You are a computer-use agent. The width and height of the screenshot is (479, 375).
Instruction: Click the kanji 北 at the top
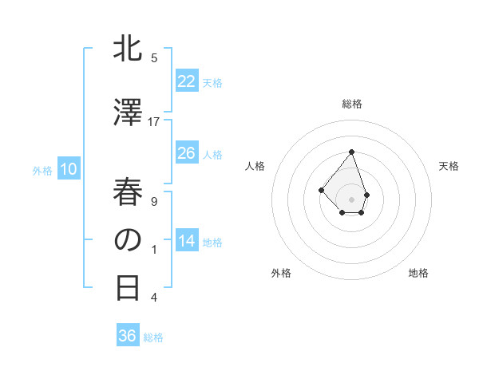coord(128,49)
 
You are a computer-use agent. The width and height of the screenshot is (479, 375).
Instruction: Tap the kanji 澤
coord(128,112)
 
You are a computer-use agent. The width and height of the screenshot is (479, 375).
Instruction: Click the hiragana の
coord(128,239)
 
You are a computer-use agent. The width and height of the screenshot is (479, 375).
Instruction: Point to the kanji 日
coord(128,287)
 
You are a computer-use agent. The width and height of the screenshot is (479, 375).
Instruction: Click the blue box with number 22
coord(186,81)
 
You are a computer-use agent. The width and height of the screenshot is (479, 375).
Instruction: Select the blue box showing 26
coord(186,153)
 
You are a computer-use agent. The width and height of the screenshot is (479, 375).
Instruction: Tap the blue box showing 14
coord(186,241)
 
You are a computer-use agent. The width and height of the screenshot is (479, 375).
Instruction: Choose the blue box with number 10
coord(69,169)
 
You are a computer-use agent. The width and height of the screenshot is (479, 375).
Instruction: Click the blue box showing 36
coord(128,336)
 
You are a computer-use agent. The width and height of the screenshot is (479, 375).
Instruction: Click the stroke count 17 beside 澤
coord(154,121)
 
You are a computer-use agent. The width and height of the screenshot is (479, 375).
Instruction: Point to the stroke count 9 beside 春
coord(154,201)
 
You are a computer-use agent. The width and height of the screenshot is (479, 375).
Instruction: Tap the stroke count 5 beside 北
coord(154,57)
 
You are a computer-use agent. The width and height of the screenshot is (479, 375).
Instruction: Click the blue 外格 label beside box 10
coord(42,170)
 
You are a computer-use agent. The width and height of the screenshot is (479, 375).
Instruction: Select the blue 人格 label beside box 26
coord(212,154)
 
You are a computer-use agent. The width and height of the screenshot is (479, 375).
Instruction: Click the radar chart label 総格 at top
coord(352,104)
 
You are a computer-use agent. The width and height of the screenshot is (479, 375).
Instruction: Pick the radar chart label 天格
coord(449,166)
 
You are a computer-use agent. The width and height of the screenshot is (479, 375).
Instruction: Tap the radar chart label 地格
coord(418,273)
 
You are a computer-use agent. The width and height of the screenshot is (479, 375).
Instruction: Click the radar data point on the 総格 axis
coord(352,152)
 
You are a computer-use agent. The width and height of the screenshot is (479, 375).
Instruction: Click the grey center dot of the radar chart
coord(352,199)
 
